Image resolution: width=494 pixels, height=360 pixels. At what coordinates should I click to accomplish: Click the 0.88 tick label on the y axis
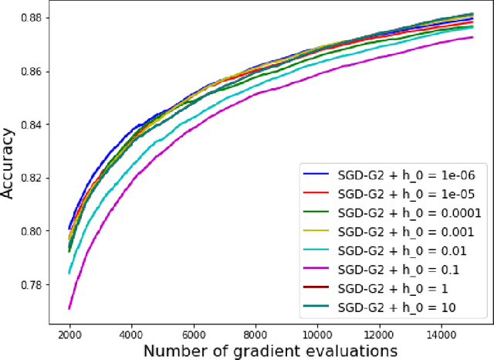pos(36,18)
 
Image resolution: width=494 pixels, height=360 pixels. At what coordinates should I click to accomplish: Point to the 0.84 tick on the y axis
pos(36,124)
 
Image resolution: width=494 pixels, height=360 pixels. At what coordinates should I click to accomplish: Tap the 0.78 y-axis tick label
pos(36,285)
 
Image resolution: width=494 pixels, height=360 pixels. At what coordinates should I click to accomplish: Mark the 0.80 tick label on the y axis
pos(36,232)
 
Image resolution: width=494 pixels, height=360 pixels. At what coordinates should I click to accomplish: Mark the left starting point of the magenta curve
pos(69,308)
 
